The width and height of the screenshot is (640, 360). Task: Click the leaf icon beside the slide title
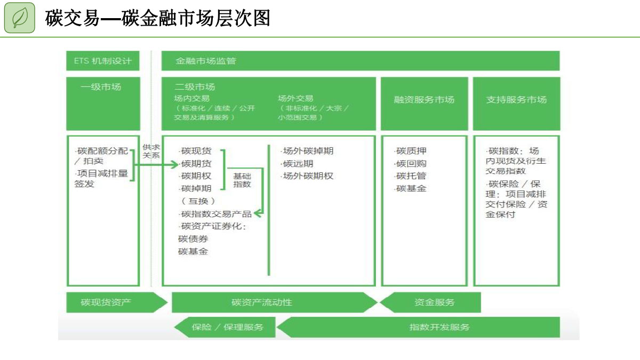(20, 18)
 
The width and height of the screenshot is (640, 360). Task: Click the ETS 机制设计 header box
(102, 61)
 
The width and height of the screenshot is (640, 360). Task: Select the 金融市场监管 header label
(205, 61)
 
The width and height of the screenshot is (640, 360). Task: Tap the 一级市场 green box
(102, 103)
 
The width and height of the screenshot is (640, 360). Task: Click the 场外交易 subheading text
(295, 98)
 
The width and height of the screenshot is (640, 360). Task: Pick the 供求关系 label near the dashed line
(151, 151)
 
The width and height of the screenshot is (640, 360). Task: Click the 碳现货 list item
(196, 151)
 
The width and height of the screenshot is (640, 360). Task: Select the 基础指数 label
(242, 180)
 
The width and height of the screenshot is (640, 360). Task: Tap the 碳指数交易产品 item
(216, 214)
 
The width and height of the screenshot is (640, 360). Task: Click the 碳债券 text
(193, 239)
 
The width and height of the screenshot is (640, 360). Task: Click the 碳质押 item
(411, 151)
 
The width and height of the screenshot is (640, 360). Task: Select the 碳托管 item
(411, 176)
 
